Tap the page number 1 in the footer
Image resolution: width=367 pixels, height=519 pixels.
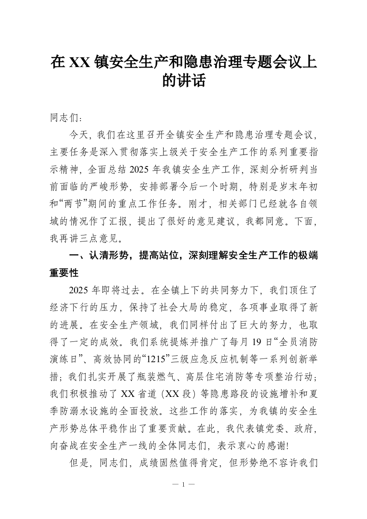coord(183,484)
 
